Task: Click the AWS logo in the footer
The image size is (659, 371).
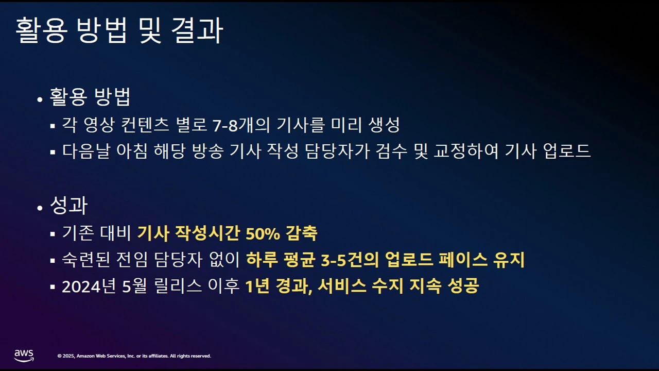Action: coord(24,355)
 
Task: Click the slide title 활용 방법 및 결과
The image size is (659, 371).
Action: coord(119,31)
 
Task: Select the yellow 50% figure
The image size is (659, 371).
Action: coord(263,233)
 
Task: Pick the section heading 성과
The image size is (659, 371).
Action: coord(68,206)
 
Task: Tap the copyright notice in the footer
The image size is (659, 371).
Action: coord(134,356)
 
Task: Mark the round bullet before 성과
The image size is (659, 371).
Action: coord(40,208)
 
